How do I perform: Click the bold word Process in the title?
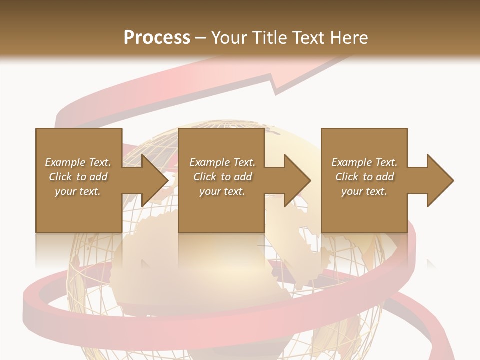[x=157, y=38]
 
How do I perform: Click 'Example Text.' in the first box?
[x=78, y=162]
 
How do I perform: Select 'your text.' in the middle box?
[x=222, y=191]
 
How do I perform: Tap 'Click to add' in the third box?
[x=364, y=177]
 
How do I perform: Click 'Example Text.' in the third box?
[x=364, y=162]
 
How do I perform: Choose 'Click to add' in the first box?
[x=78, y=177]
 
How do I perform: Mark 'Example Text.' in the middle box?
[x=222, y=162]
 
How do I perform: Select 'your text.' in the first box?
[x=78, y=191]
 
